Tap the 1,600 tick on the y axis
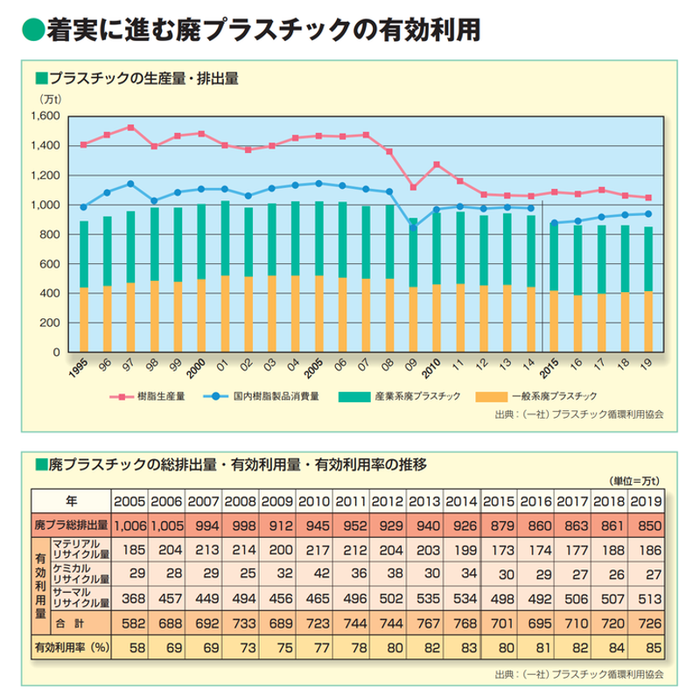coord(41,116)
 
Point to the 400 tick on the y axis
coord(48,294)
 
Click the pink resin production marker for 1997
coord(130,128)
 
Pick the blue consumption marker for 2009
coord(413,227)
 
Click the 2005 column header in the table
coord(130,501)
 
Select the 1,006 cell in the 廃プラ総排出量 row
coord(130,525)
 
